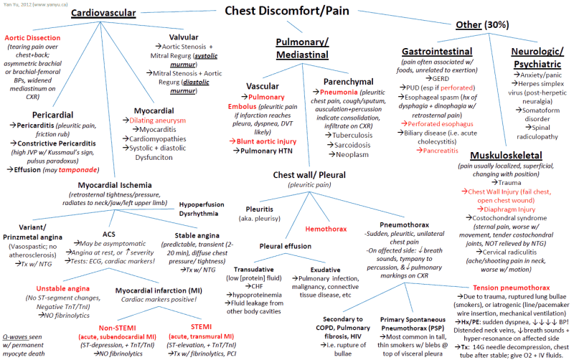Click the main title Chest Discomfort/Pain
tap(287, 10)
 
